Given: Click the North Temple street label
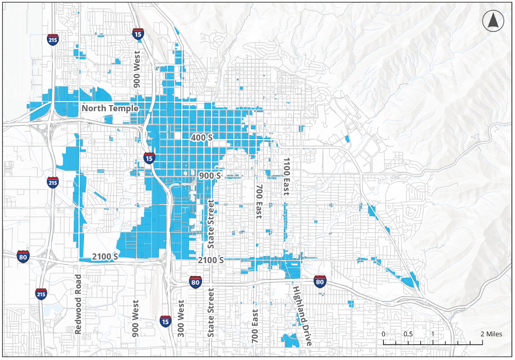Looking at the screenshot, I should coord(110,108).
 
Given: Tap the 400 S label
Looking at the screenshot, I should coord(201,138).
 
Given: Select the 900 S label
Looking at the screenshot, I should coord(210,176).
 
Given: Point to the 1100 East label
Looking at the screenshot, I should coord(286,177).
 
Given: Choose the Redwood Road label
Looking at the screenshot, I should coord(78,304).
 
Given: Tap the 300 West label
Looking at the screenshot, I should coord(181,318).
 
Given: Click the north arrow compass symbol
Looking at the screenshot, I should coord(492,21).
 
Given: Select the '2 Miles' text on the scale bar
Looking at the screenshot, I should coord(491,334).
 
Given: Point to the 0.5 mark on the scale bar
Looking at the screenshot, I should coord(408,334).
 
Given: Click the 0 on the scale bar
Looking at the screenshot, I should coord(383,334).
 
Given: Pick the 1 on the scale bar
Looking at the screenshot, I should coord(433,334).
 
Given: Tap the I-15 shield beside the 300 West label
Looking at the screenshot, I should coord(165,321).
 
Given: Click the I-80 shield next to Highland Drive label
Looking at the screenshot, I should coord(320,281).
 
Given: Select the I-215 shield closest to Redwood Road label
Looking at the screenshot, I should coord(42,294).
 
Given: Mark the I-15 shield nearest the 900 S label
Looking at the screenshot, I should coord(149,158).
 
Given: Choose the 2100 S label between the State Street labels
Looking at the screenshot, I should coord(211,261).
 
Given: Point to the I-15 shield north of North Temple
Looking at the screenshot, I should coord(138,35).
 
